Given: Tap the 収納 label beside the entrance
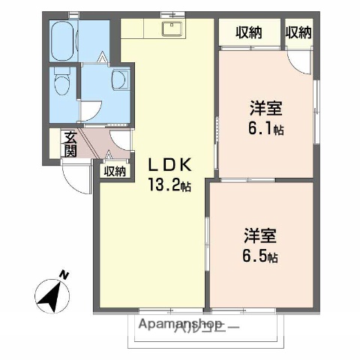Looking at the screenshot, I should [115, 170].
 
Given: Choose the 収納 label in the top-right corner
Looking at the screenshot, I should [298, 32].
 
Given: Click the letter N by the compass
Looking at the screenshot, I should [65, 274].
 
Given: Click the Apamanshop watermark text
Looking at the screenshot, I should [180, 325].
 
